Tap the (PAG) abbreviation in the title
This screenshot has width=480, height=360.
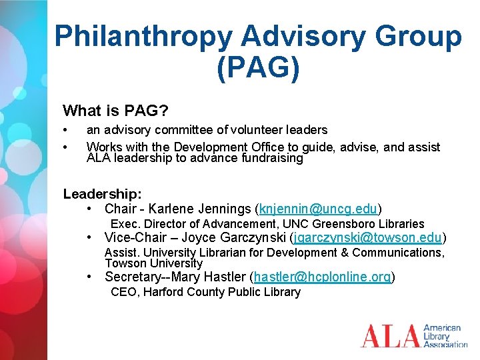pos(257,68)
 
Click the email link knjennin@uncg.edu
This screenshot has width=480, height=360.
pos(319,209)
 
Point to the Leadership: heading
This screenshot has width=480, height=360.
pos(102,194)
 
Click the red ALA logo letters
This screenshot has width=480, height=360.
pos(390,335)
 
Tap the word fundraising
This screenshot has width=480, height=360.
pos(271,159)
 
